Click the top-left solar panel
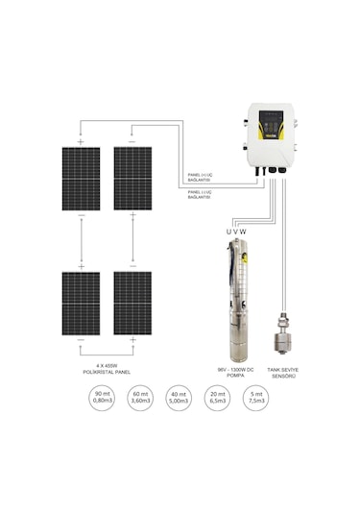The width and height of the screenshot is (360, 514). (x=82, y=180)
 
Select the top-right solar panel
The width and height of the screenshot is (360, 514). (x=132, y=180)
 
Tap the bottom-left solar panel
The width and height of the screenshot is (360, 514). (x=82, y=302)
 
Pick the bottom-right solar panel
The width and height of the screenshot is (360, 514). (x=132, y=302)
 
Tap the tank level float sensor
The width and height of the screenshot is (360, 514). (x=285, y=334)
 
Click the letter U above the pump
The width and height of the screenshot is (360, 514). (x=228, y=232)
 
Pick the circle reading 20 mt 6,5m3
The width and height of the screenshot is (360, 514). (x=217, y=400)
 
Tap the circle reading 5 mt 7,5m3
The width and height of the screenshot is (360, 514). (x=253, y=400)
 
